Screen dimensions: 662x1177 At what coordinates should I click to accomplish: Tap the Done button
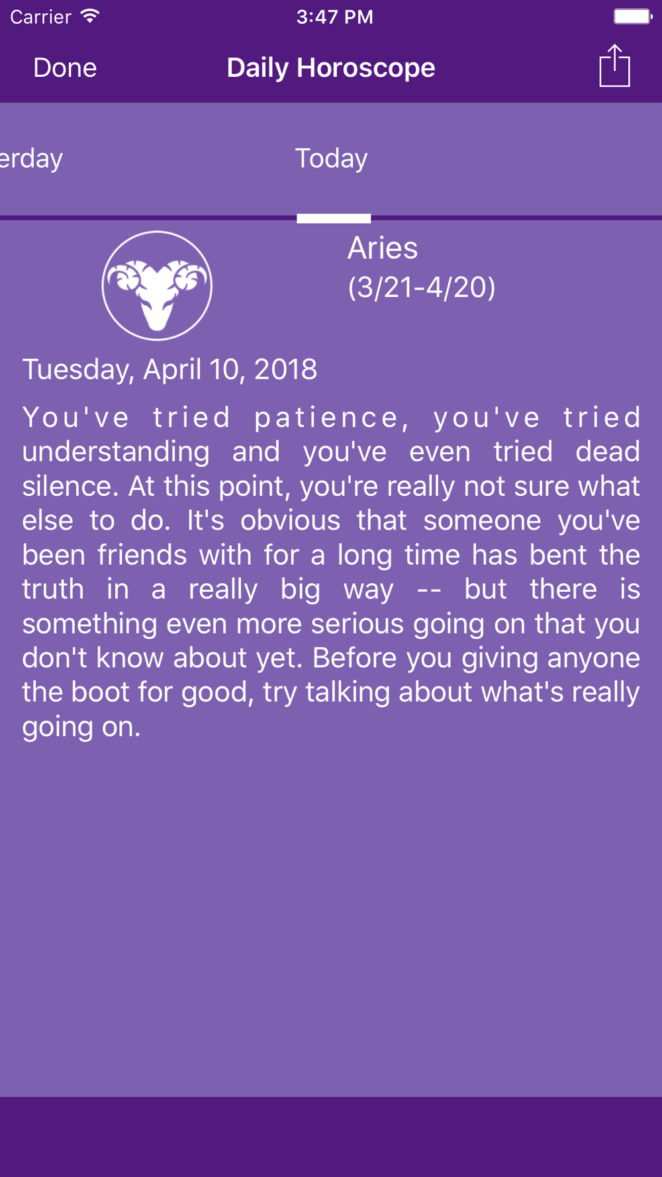(65, 68)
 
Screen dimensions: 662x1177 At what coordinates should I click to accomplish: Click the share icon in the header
(614, 66)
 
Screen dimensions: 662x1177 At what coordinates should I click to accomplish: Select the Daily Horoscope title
(331, 68)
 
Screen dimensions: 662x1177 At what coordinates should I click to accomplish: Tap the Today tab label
(331, 158)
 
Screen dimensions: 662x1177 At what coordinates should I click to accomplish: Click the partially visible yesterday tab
(31, 158)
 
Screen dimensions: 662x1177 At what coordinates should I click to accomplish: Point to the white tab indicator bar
(334, 218)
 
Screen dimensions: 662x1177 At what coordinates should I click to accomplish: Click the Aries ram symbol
(157, 286)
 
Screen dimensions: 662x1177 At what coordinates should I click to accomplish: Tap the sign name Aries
(383, 248)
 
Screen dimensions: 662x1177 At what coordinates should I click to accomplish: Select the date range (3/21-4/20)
(422, 287)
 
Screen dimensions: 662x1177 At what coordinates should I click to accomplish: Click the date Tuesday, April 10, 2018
(169, 369)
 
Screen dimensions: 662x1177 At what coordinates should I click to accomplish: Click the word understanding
(116, 451)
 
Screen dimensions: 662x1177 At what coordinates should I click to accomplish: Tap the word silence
(70, 487)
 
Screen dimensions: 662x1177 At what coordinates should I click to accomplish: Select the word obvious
(290, 520)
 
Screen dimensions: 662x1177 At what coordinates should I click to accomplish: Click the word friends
(142, 555)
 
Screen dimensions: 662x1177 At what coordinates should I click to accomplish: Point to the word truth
(53, 589)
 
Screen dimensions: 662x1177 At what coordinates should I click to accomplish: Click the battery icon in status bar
(633, 16)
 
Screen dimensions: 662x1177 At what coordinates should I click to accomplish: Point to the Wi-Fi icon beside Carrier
(89, 16)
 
